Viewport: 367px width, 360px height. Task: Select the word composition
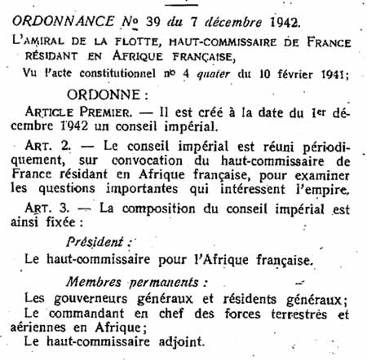pos(170,208)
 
